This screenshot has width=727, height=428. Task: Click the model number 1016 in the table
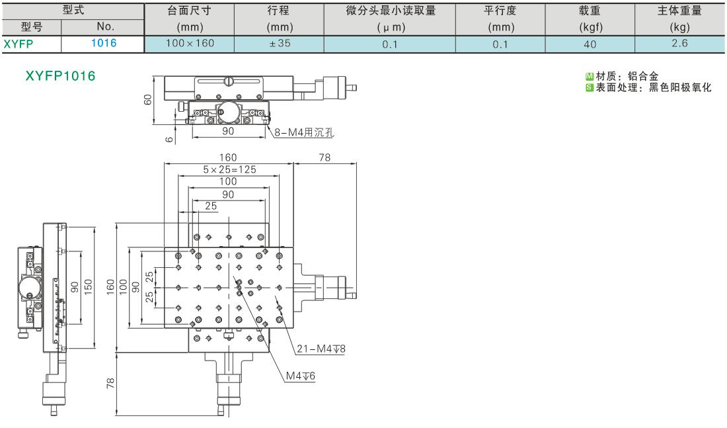[103, 43]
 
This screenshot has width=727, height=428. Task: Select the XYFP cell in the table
[19, 44]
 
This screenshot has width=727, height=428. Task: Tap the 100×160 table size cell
[190, 43]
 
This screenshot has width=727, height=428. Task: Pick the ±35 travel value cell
[280, 43]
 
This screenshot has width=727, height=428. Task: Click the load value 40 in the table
[590, 44]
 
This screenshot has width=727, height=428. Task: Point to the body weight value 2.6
[679, 43]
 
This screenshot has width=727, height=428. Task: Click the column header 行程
[279, 10]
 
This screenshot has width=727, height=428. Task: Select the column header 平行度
[500, 10]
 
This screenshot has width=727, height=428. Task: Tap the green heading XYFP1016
[60, 75]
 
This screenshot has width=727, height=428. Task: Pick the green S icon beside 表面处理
[590, 87]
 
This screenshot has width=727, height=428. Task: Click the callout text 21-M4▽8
[321, 349]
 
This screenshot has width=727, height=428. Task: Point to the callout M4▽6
[301, 376]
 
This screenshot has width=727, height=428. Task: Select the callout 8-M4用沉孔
[304, 132]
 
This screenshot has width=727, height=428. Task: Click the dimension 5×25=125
[229, 169]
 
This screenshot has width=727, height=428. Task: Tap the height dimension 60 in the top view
[147, 99]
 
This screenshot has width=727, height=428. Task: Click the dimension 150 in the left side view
[88, 286]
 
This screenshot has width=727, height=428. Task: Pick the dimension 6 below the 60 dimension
[169, 139]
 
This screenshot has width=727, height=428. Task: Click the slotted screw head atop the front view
[229, 81]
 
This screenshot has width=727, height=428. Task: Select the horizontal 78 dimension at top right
[325, 158]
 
